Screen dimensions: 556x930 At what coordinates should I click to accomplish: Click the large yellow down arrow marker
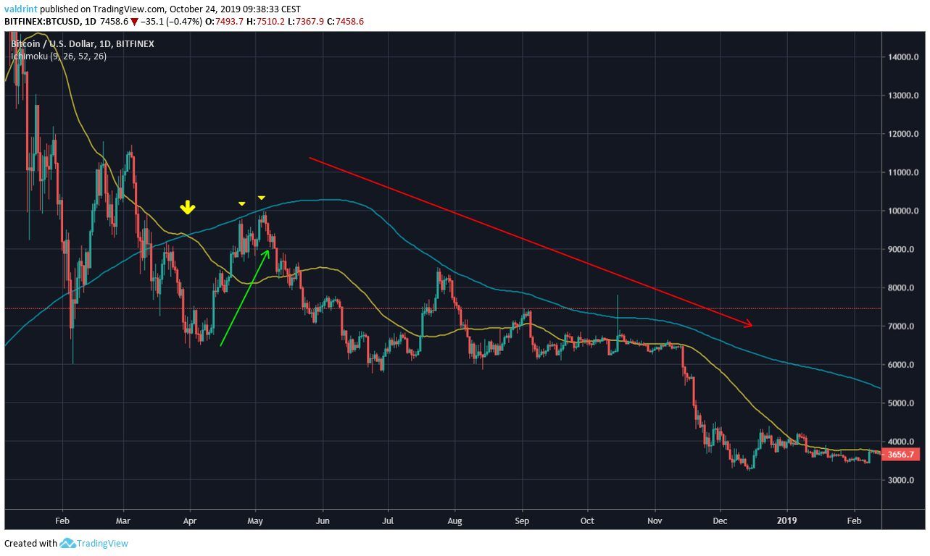click(188, 208)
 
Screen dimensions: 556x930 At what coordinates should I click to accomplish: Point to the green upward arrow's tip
click(270, 250)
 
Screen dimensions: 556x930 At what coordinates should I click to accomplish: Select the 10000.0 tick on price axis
click(900, 211)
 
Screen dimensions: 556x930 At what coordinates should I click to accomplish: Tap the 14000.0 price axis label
click(900, 57)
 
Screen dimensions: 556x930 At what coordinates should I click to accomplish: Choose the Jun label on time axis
click(323, 520)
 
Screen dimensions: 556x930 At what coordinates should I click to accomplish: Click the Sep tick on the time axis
click(523, 520)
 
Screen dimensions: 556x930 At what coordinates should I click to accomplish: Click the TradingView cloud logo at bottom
click(68, 543)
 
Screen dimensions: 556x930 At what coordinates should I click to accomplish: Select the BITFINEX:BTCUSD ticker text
click(41, 22)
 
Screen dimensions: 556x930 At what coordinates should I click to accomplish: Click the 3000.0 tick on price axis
click(900, 480)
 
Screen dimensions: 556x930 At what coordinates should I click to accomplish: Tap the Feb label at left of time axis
click(62, 520)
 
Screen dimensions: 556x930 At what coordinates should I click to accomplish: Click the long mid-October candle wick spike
click(618, 308)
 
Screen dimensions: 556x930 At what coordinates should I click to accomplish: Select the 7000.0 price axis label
click(900, 327)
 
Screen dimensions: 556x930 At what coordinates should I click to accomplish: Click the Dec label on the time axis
click(721, 520)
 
